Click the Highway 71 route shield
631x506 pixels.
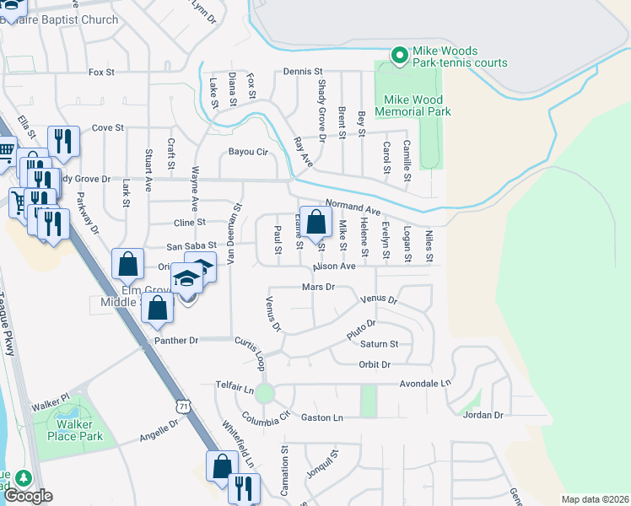click(184, 406)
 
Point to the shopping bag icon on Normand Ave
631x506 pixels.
click(315, 224)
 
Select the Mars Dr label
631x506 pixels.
click(318, 287)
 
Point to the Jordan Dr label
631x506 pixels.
click(483, 415)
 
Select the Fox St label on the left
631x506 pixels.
click(101, 73)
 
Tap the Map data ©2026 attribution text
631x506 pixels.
click(596, 499)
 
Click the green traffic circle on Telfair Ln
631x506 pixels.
click(265, 393)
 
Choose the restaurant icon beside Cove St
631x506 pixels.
click(62, 141)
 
